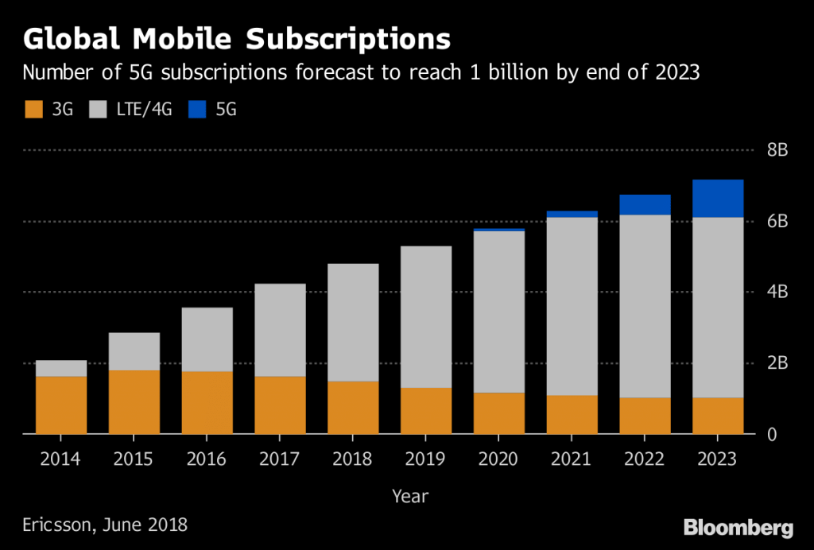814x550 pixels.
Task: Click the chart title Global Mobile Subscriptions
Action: point(236,39)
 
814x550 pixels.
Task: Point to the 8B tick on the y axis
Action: point(777,150)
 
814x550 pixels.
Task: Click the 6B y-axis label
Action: point(777,221)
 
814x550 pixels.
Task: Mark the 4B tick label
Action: point(777,292)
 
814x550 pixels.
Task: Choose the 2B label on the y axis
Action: point(777,363)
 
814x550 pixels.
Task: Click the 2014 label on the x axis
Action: point(61,459)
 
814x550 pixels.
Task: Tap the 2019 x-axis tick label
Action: point(426,459)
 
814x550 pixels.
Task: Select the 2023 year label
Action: point(718,459)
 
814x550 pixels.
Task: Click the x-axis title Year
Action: point(409,497)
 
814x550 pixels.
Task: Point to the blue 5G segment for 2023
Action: point(718,199)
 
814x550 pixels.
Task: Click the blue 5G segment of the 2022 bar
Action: point(645,205)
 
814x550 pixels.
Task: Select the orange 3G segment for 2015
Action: point(134,402)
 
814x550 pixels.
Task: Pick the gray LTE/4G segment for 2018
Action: point(353,323)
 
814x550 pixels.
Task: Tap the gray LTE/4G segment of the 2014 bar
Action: point(61,368)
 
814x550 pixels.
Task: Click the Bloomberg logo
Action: point(738,527)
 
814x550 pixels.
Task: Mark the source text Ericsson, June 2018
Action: point(105,525)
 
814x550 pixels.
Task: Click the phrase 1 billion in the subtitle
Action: point(505,73)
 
